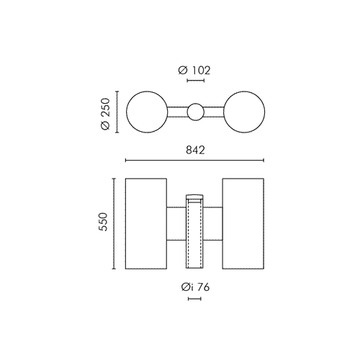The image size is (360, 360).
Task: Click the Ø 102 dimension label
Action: coord(194,71)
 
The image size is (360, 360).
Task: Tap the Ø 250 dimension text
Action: coord(106,114)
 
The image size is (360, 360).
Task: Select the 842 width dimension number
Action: coord(195,150)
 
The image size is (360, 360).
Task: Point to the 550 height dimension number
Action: coord(103,222)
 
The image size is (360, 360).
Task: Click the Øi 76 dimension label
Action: coord(195,287)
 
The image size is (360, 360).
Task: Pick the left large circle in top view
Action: coord(127,112)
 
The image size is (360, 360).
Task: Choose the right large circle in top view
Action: coord(265,112)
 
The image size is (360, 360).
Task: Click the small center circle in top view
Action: coord(196,104)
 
